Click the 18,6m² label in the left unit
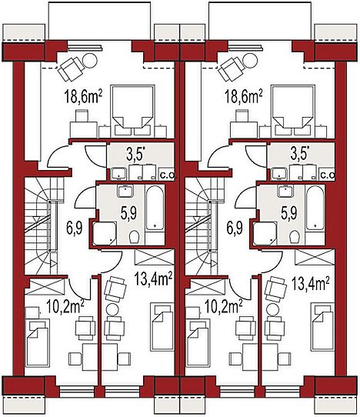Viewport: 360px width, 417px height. (x=83, y=98)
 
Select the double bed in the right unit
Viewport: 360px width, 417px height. (x=293, y=111)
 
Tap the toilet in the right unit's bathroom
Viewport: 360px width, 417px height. (x=295, y=236)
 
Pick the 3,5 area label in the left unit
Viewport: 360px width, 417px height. (x=137, y=155)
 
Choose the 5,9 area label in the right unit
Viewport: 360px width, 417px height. (x=289, y=212)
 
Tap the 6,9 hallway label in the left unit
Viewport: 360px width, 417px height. (x=75, y=229)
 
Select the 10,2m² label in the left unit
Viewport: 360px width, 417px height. (x=65, y=306)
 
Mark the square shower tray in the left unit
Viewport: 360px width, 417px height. (x=104, y=233)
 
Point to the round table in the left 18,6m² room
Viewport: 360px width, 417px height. (x=91, y=60)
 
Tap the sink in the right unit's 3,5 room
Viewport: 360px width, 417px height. (x=279, y=174)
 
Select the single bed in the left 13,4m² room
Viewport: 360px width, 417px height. (x=162, y=326)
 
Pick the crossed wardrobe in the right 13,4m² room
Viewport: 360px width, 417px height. (x=315, y=257)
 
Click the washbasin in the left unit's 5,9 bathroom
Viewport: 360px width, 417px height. (x=125, y=192)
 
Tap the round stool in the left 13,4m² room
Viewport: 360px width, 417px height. (x=113, y=309)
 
